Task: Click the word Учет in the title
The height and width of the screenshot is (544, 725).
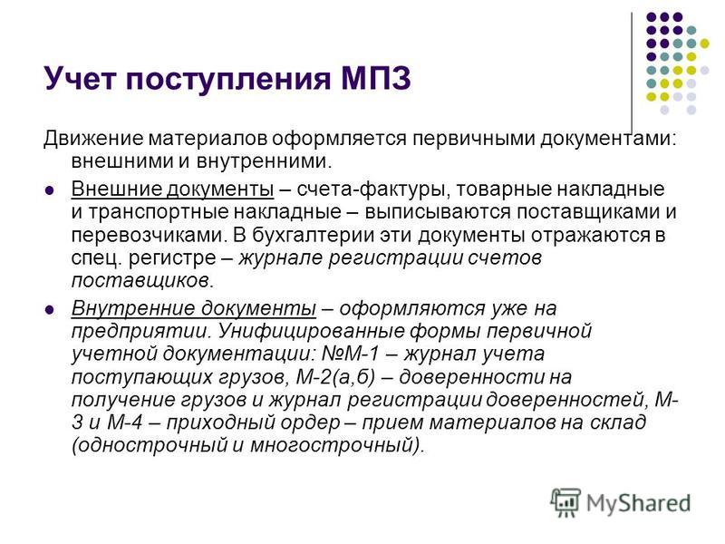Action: point(80,79)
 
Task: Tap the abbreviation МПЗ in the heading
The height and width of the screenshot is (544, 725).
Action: point(376,79)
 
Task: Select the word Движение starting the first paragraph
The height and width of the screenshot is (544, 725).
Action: point(93,139)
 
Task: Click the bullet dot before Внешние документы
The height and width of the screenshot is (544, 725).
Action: point(49,190)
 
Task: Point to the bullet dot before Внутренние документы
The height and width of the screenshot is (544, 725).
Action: point(49,309)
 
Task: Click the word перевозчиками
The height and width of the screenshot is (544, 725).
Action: point(149,235)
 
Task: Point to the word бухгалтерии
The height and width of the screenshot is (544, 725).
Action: point(313,235)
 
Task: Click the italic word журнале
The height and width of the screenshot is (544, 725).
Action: point(280,257)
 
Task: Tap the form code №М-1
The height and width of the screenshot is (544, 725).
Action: point(350,354)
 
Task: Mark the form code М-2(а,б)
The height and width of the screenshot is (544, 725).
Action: point(335,377)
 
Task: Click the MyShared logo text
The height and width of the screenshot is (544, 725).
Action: point(638,503)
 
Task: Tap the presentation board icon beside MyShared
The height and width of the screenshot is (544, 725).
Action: point(565,502)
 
